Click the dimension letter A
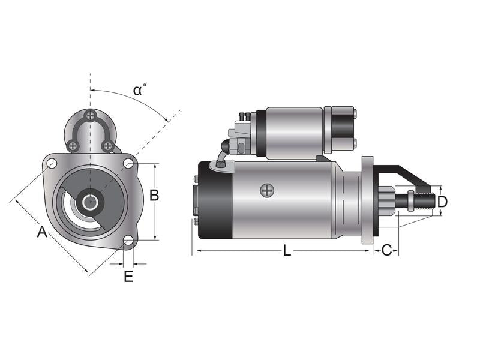point(42,232)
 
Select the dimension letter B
point(154,195)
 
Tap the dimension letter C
point(386,250)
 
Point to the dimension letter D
point(442,202)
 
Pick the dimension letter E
point(128,277)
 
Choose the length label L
point(287,251)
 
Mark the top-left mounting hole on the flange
point(52,163)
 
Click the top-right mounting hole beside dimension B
point(128,163)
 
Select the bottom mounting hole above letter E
point(128,241)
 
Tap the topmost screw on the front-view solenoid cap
point(90,116)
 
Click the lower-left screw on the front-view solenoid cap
point(73,145)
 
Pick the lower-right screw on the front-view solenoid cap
point(107,145)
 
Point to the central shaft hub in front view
point(90,202)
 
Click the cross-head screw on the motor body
point(266,191)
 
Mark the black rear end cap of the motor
point(215,200)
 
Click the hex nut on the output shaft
point(410,200)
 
